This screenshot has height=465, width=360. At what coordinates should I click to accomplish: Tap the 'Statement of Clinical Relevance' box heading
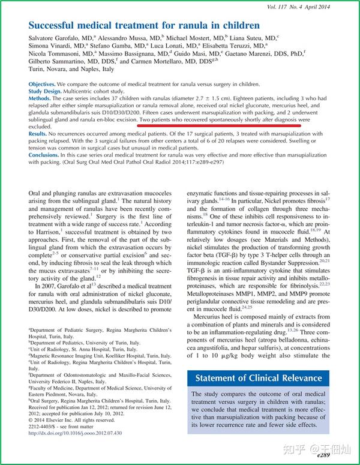(x=260, y=379)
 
